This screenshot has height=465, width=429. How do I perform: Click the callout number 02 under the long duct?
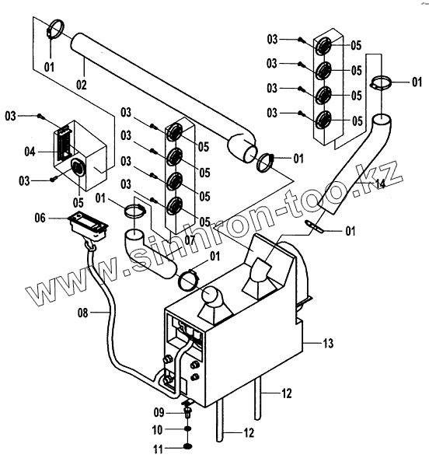[x=82, y=85]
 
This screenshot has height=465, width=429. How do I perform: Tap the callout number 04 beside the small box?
[x=30, y=152]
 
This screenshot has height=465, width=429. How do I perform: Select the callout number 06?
[x=40, y=218]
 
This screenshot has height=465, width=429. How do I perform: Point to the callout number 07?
[x=190, y=240]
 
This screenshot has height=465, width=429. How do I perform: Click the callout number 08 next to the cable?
[x=83, y=313]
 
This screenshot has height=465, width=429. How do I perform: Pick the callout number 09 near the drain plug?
[x=159, y=412]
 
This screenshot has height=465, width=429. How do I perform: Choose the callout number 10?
[x=157, y=430]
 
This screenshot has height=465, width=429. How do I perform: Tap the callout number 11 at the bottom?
[x=159, y=449]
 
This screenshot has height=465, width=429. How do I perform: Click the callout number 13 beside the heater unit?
[x=328, y=343]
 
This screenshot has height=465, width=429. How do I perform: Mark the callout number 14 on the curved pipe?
[x=380, y=184]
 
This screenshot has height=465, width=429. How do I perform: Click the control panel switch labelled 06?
[x=88, y=226]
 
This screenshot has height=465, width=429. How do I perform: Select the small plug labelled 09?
[x=187, y=412]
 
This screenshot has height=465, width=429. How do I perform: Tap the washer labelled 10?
[x=187, y=429]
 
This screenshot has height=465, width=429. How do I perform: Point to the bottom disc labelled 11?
[x=187, y=446]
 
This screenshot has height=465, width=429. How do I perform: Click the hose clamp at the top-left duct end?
[x=55, y=30]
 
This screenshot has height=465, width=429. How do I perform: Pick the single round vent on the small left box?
[x=78, y=167]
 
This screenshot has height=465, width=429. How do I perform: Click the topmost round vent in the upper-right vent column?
[x=323, y=45]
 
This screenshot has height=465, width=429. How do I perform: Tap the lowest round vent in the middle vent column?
[x=174, y=206]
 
